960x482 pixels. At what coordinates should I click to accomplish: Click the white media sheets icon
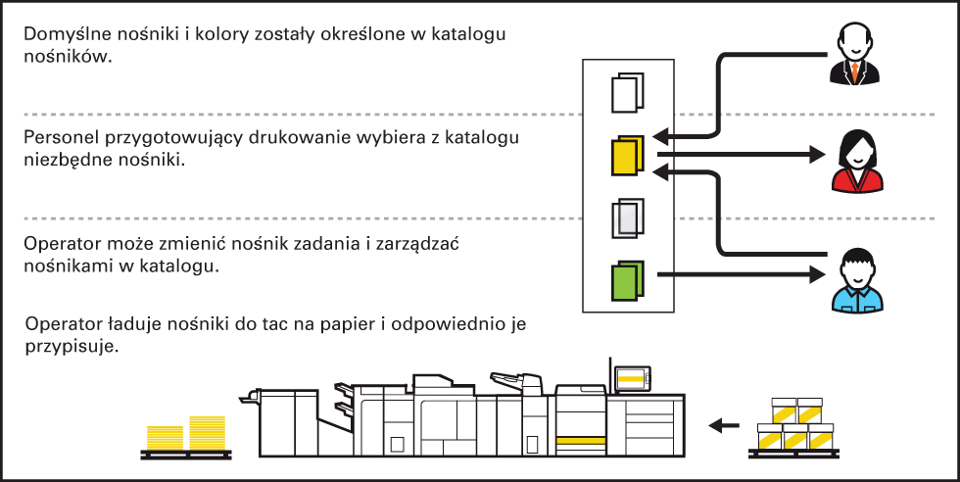pos(628,93)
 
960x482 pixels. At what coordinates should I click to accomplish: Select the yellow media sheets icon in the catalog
pos(628,156)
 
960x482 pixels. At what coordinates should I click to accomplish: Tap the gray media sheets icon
pos(628,218)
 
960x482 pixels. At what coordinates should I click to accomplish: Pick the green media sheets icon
pos(628,281)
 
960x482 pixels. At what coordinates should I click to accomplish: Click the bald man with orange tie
pos(854,55)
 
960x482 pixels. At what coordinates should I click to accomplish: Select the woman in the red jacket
pos(857,164)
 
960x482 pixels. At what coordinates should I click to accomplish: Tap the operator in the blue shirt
pos(857,280)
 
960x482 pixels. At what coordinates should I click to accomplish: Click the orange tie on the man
pos(854,72)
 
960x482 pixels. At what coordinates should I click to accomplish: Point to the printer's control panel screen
pos(632,380)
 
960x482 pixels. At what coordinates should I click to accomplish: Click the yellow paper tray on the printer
pos(581,441)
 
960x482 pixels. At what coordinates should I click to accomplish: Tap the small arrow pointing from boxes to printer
pos(724,425)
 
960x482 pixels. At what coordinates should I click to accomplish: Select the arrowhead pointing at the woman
pos(817,155)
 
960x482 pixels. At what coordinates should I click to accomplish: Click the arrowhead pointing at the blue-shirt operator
pos(817,274)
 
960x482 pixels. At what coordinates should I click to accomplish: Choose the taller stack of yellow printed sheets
pos(208,433)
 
